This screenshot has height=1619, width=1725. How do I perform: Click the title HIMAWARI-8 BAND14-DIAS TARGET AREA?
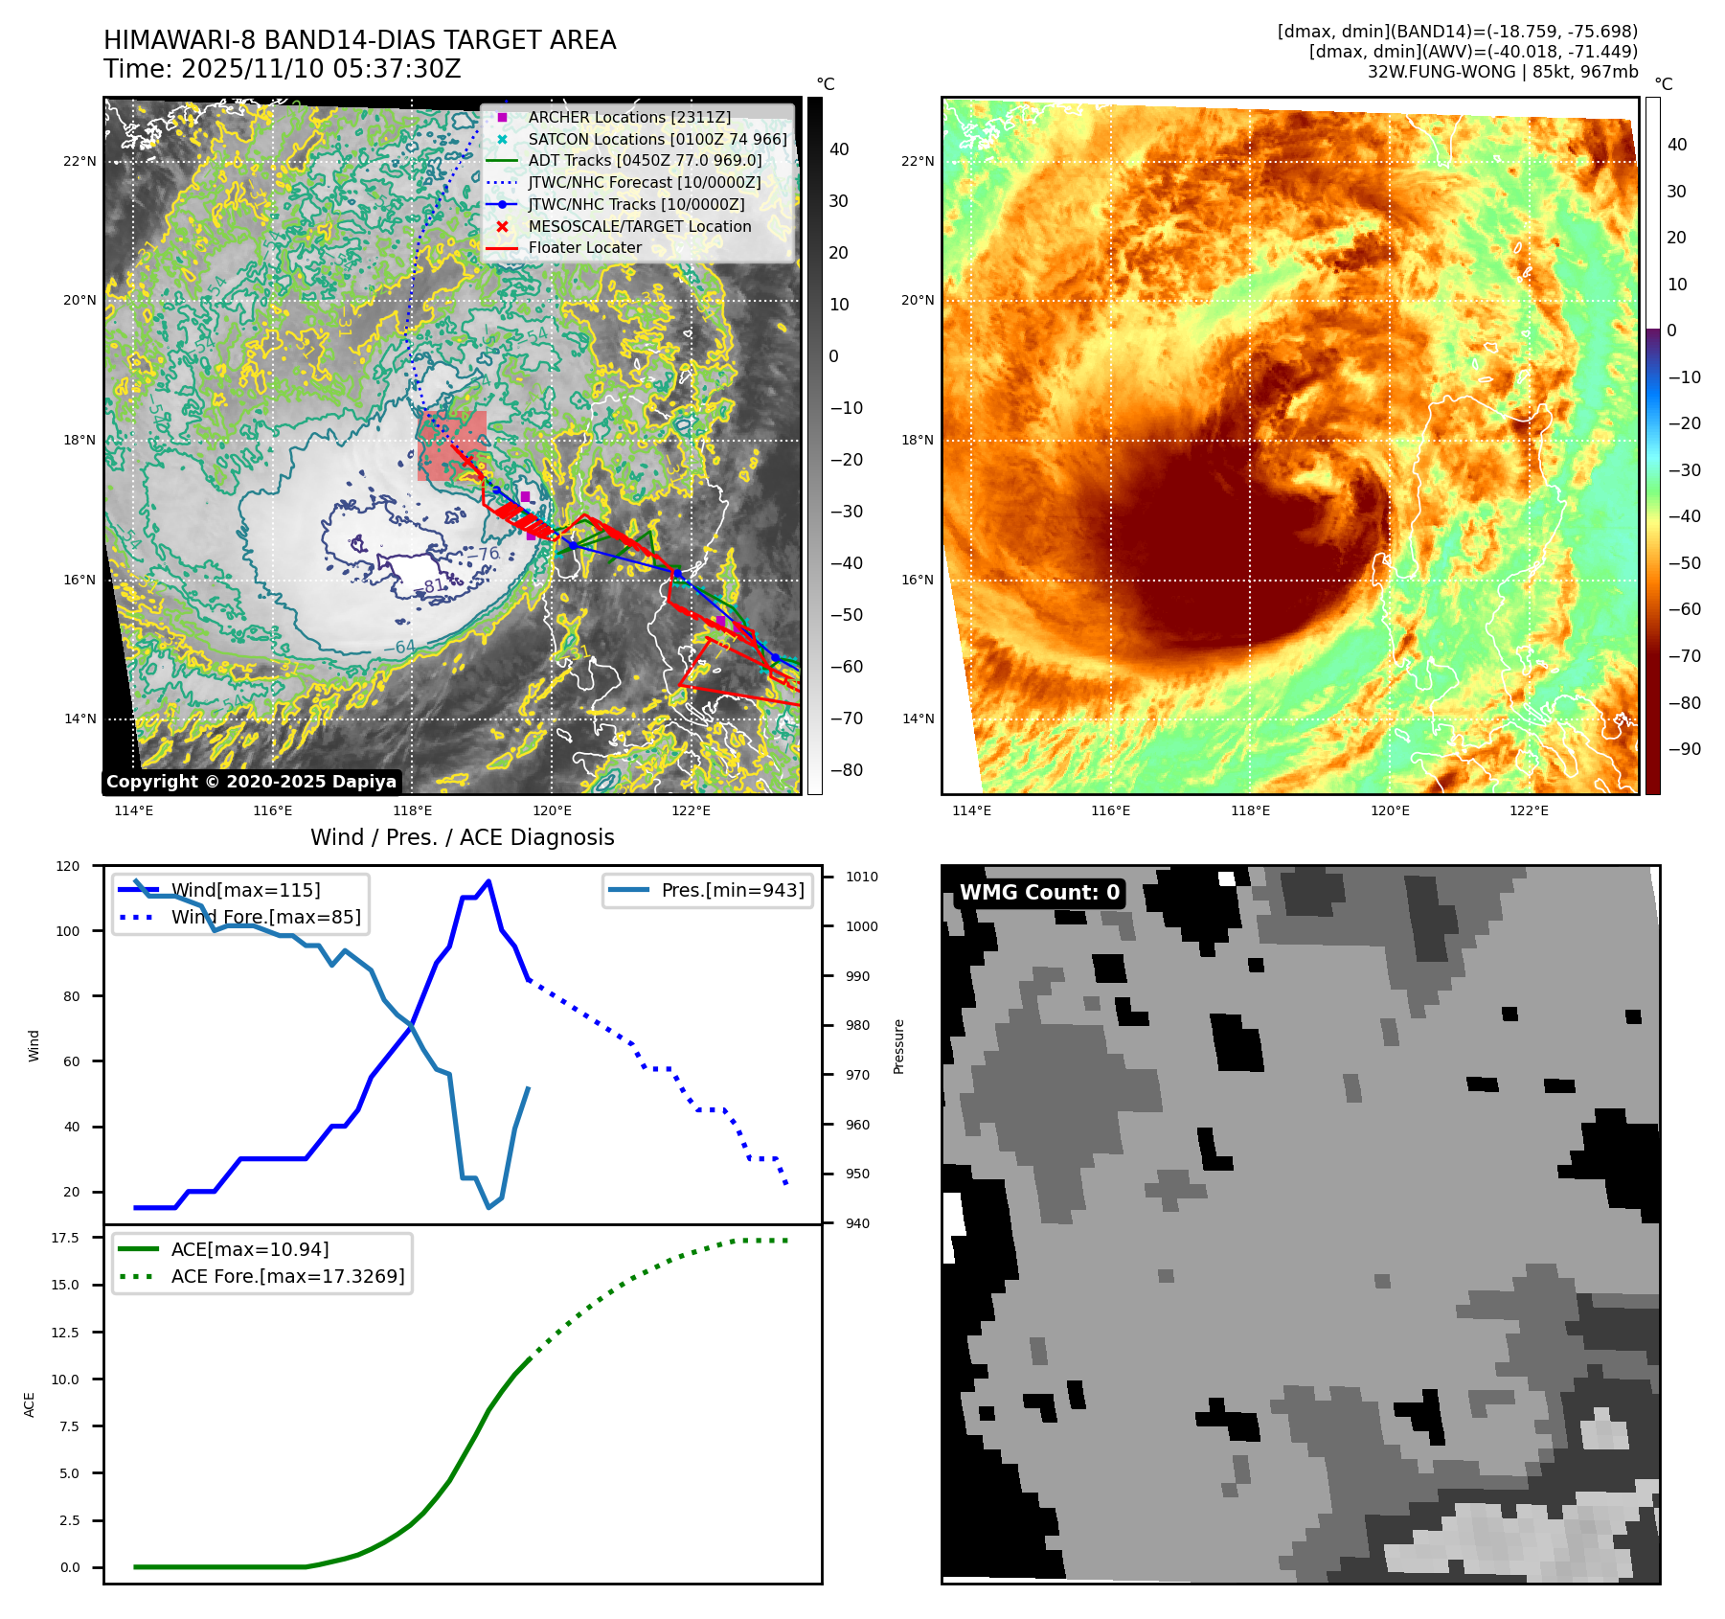[359, 40]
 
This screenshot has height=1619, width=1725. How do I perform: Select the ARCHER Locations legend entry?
[628, 117]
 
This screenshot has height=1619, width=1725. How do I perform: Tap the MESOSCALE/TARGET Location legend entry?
[639, 226]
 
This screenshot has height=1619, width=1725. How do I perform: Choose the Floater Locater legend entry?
[584, 247]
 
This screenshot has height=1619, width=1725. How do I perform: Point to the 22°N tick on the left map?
[80, 161]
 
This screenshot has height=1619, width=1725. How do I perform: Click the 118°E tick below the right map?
[1250, 810]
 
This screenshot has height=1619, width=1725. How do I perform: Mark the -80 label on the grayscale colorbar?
[846, 770]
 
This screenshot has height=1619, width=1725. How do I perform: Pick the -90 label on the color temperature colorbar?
[1684, 749]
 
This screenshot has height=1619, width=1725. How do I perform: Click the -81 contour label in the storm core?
[435, 585]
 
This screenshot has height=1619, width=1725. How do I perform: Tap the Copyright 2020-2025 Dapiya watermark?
[251, 782]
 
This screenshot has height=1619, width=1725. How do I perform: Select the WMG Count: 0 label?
[1039, 893]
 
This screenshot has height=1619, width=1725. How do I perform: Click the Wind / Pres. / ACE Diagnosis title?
[462, 837]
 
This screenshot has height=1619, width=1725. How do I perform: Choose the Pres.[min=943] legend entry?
[733, 890]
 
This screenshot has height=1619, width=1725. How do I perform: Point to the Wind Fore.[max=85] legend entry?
[265, 917]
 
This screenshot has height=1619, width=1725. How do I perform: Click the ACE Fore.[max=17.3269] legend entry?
[287, 1276]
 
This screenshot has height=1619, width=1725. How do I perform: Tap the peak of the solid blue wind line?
[488, 881]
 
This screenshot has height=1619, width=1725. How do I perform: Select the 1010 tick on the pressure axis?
[861, 877]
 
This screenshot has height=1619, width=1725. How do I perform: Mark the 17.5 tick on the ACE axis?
[65, 1238]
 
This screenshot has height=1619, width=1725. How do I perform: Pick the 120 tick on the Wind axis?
[68, 866]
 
